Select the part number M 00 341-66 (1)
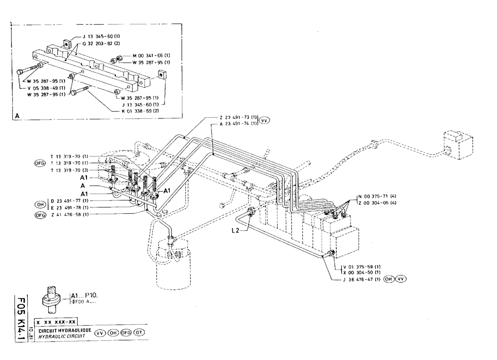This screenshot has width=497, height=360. click(x=151, y=55)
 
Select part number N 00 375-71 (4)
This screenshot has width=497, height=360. click(x=377, y=196)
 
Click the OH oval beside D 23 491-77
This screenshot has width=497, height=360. click(x=39, y=203)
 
